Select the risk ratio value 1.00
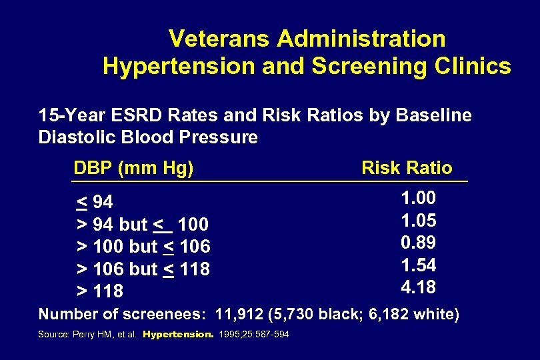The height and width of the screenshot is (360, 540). tap(418, 198)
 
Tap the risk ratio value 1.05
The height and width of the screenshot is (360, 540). tap(418, 221)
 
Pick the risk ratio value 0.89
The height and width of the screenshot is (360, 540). tap(418, 243)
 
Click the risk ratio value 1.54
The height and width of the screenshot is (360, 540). tap(418, 265)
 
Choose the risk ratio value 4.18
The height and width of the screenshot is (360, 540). tap(418, 287)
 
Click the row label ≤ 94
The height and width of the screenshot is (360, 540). tap(95, 201)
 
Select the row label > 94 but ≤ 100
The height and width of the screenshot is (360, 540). tap(143, 224)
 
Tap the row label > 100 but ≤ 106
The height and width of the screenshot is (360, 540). tap(143, 247)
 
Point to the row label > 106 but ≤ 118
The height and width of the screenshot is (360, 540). tap(143, 269)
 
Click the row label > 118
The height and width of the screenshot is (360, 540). tap(100, 291)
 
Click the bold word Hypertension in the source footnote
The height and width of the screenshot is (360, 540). tap(178, 334)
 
